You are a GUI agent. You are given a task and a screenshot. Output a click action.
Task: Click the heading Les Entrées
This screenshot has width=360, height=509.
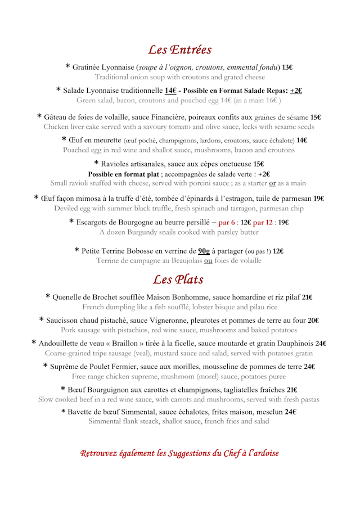[x=179, y=49]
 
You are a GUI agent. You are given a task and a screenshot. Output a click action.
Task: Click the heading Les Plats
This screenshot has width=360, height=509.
[x=178, y=279]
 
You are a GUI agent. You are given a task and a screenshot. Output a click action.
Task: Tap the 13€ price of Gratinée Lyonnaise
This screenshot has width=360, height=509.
[x=287, y=67]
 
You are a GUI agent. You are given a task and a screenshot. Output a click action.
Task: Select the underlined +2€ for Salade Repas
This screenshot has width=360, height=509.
[x=296, y=91]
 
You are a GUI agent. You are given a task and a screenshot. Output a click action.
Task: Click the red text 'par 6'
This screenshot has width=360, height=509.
[x=226, y=222]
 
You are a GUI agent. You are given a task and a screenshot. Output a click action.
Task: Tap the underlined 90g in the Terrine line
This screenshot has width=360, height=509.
[x=204, y=251]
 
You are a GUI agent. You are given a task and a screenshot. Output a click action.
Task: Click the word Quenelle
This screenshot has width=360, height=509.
[x=69, y=298]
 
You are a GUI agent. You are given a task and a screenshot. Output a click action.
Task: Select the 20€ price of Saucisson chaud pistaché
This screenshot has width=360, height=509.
[x=313, y=321]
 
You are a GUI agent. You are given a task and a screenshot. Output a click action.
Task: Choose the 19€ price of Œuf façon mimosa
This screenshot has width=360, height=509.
[x=319, y=199]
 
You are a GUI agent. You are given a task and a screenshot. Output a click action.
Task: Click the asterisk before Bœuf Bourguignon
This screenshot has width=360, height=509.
[x=63, y=389]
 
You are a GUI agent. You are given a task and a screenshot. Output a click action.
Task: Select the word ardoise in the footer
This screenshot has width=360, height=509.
[x=264, y=453]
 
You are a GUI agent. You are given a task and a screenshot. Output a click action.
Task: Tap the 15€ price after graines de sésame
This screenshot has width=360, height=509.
[x=316, y=118]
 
